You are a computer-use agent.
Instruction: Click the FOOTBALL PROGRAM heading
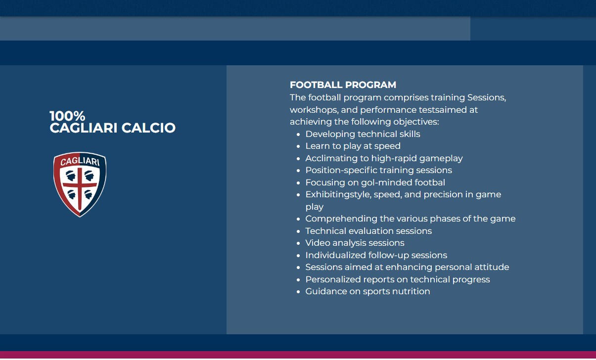pos(343,85)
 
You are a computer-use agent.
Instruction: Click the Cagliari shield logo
pos(80,184)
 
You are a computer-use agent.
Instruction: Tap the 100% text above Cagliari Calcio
pos(67,116)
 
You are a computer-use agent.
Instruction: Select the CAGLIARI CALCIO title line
pos(112,128)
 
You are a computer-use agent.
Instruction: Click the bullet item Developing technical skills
pos(363,134)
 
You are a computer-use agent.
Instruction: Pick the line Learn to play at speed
pos(353,146)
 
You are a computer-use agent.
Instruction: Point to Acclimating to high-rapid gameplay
pos(384,158)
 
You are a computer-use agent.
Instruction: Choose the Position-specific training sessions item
pos(378,170)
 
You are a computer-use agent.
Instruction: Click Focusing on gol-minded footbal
pos(375,182)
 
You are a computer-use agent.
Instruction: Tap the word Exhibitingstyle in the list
pos(327,194)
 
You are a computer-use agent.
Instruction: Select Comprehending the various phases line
pos(410,219)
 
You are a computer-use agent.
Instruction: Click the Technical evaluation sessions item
pos(368,231)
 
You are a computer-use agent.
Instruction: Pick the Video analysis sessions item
pos(355,243)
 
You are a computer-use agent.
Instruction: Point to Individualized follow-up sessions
pos(376,255)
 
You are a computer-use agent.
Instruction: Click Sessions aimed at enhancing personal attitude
pos(407,267)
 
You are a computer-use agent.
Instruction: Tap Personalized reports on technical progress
pos(397,279)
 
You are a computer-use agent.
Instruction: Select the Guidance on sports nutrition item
pos(367,291)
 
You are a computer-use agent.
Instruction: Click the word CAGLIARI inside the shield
pos(80,162)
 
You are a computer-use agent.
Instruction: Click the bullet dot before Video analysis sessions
pos(298,243)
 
